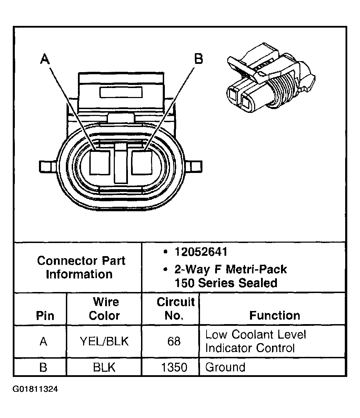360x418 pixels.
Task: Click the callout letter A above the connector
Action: pos(45,59)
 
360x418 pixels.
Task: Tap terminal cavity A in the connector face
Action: pos(100,162)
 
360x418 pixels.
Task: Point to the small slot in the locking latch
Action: pos(120,92)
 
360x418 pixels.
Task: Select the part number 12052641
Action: pos(201,252)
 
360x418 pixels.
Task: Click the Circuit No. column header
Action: pos(176,309)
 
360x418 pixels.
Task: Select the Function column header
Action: pos(274,315)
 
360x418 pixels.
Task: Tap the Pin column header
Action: pos(45,316)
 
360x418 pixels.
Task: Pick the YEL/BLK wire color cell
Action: pos(104,341)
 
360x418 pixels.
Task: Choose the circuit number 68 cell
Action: pos(174,341)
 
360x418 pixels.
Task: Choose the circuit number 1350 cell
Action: pos(174,367)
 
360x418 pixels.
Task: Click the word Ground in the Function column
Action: pos(225,367)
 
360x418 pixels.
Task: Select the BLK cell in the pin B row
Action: pos(104,367)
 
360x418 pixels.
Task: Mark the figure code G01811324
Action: pos(36,389)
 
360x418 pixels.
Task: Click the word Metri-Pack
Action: pos(256,269)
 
